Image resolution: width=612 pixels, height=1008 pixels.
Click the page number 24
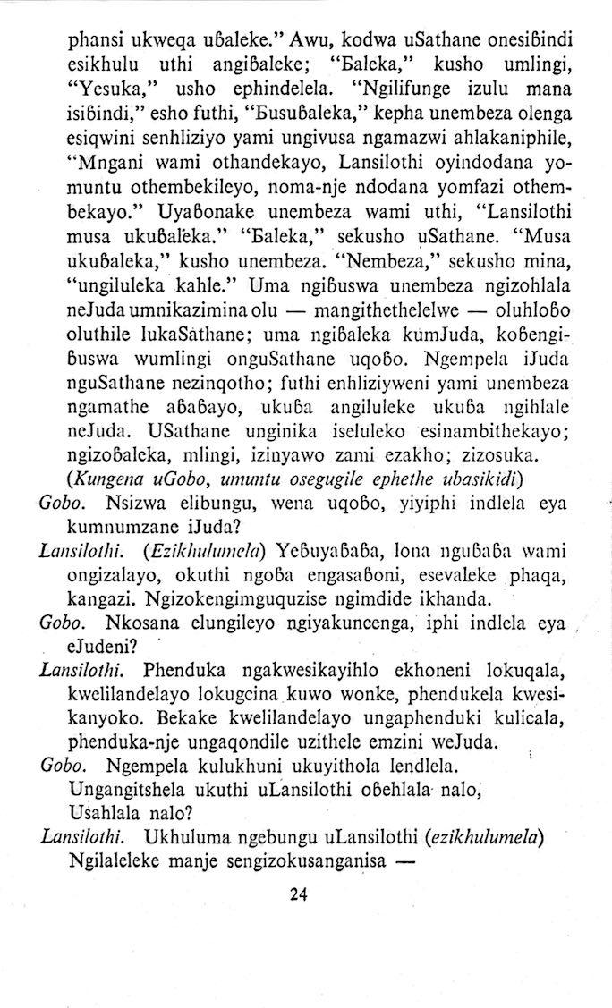[299, 895]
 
